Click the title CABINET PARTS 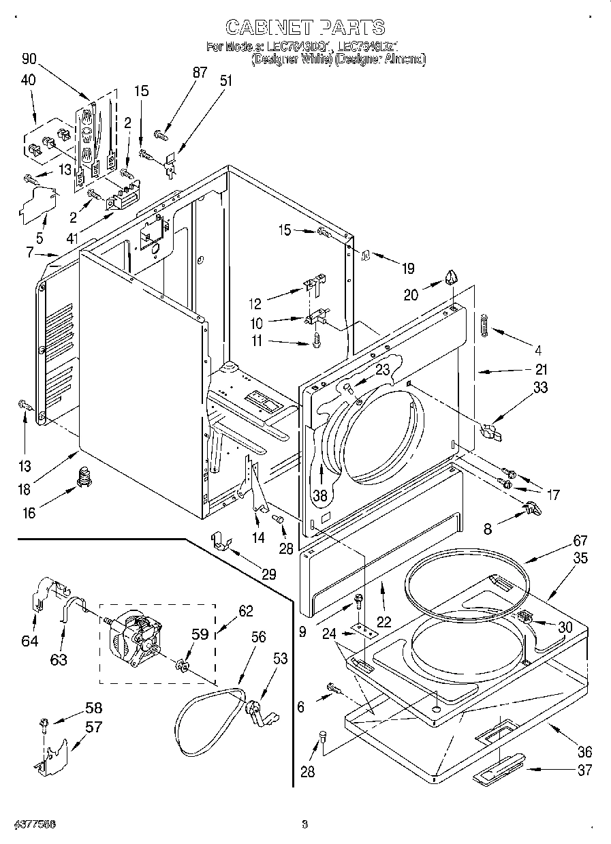click(x=304, y=27)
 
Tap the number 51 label click(x=225, y=80)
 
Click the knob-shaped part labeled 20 click(x=452, y=278)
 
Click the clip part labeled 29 click(x=219, y=542)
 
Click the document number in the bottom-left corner click(x=33, y=824)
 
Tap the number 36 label click(x=584, y=752)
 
